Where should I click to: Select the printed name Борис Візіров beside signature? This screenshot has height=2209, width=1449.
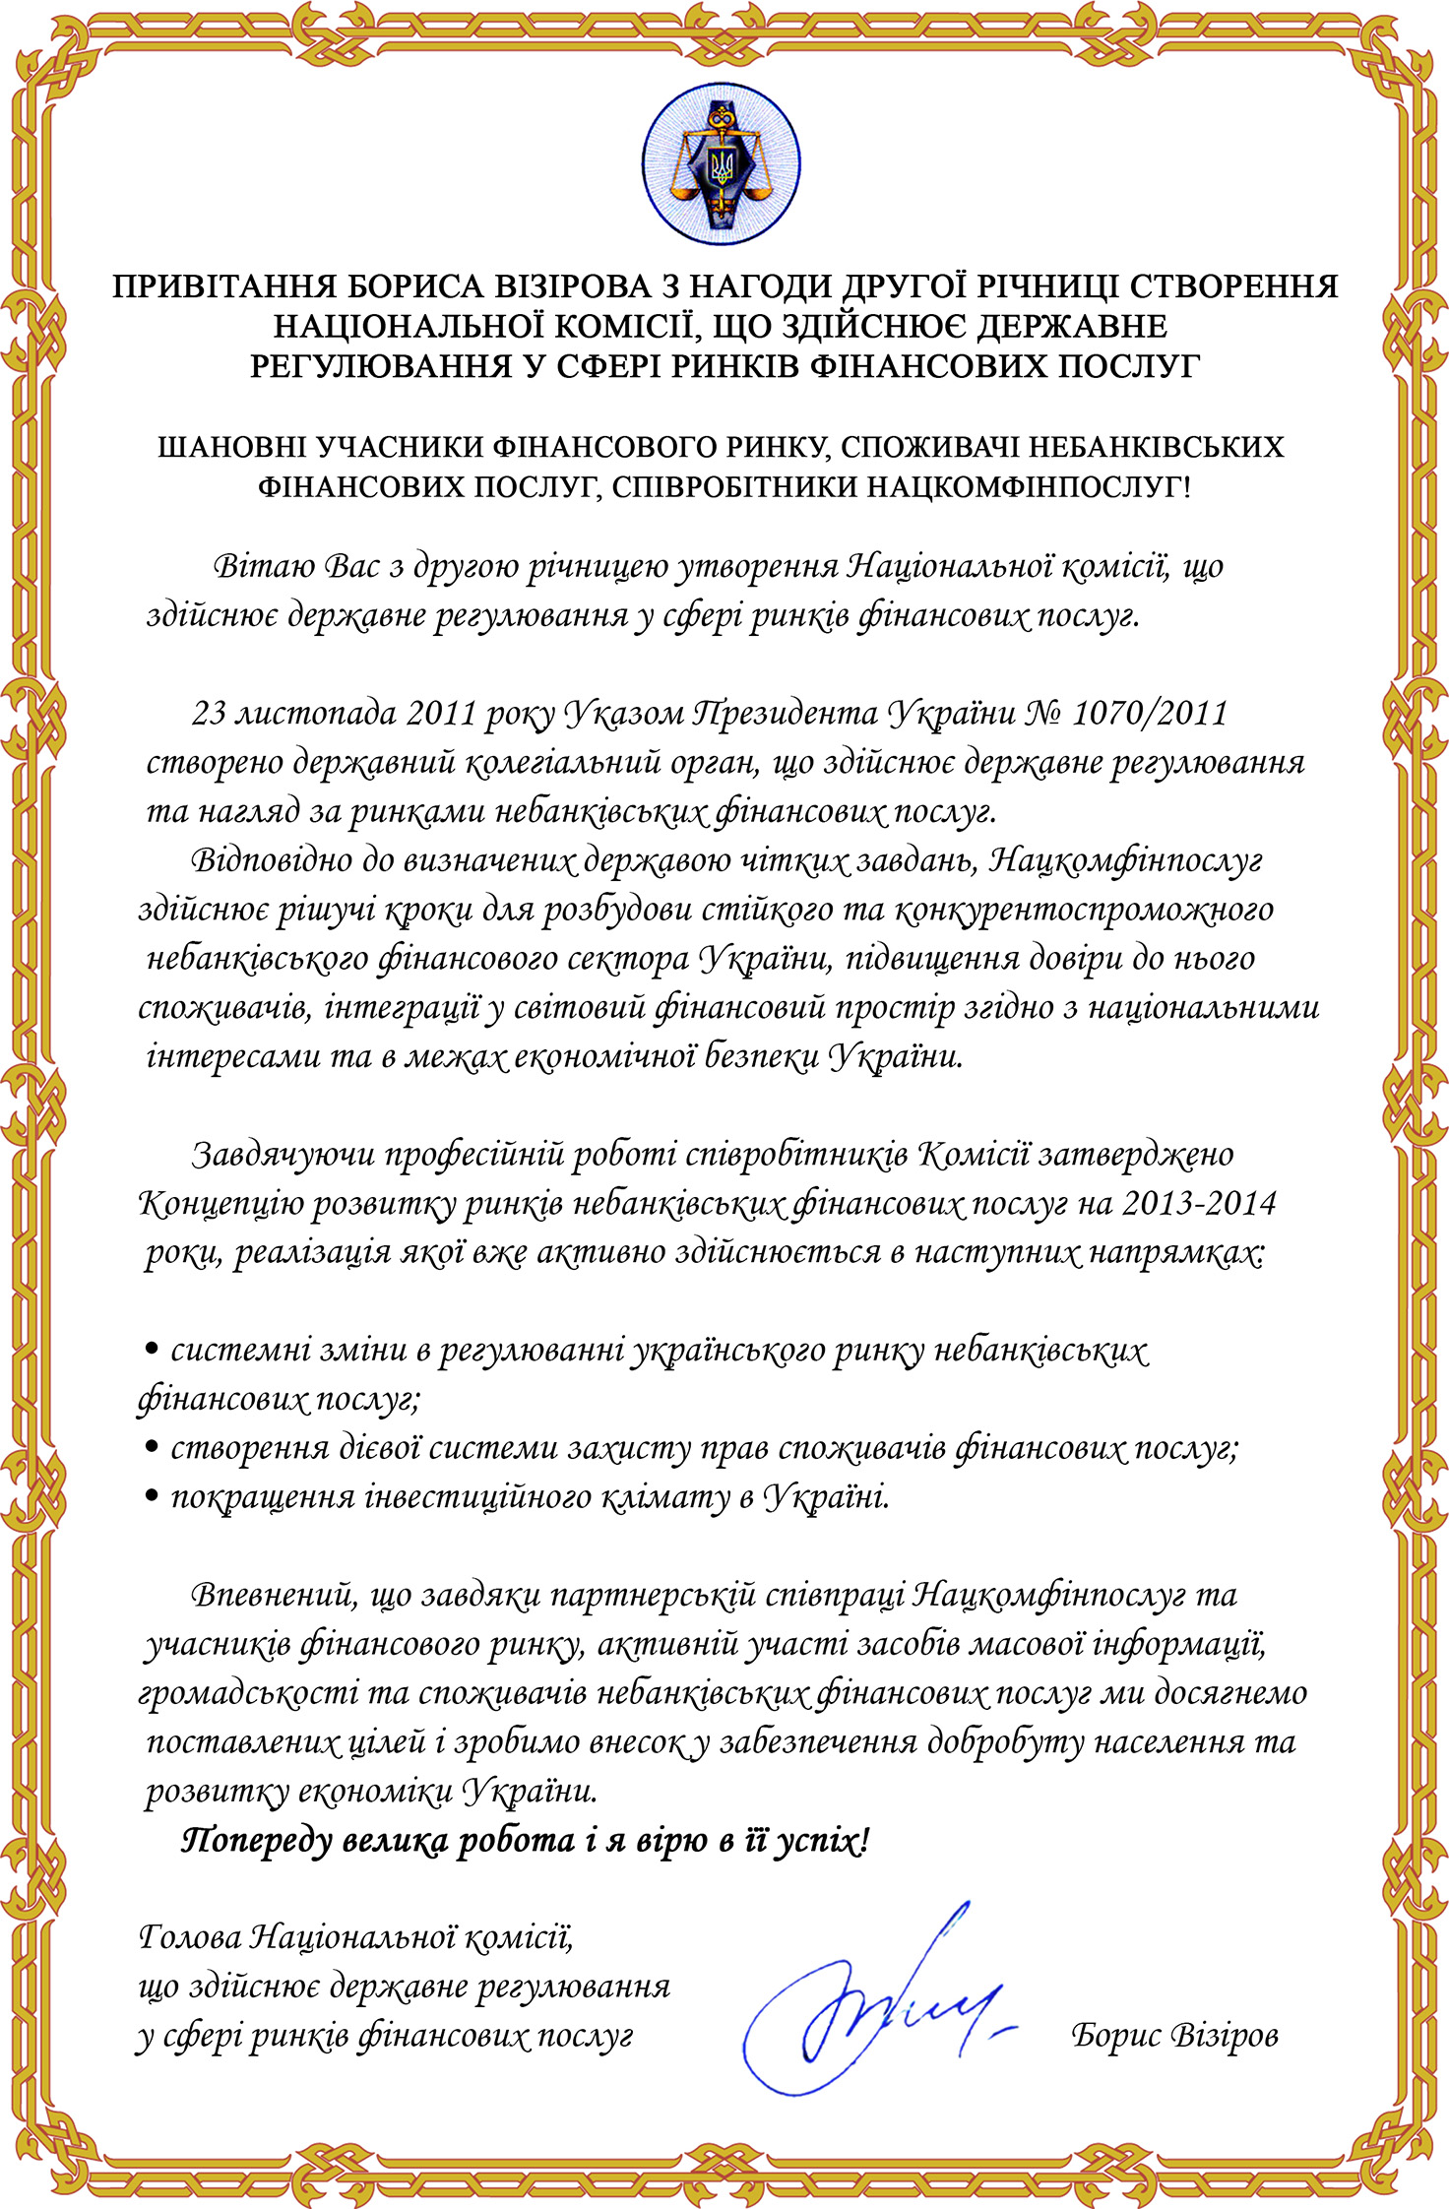(1174, 2034)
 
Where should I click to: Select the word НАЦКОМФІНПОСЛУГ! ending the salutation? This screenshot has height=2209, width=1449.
(1028, 487)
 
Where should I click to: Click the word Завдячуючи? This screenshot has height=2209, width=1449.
(282, 1153)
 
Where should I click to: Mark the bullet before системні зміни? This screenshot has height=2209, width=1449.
(152, 1349)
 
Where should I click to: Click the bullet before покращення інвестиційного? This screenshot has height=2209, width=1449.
(152, 1495)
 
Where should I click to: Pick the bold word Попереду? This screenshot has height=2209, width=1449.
(257, 1840)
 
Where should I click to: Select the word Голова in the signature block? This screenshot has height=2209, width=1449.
(189, 1936)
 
